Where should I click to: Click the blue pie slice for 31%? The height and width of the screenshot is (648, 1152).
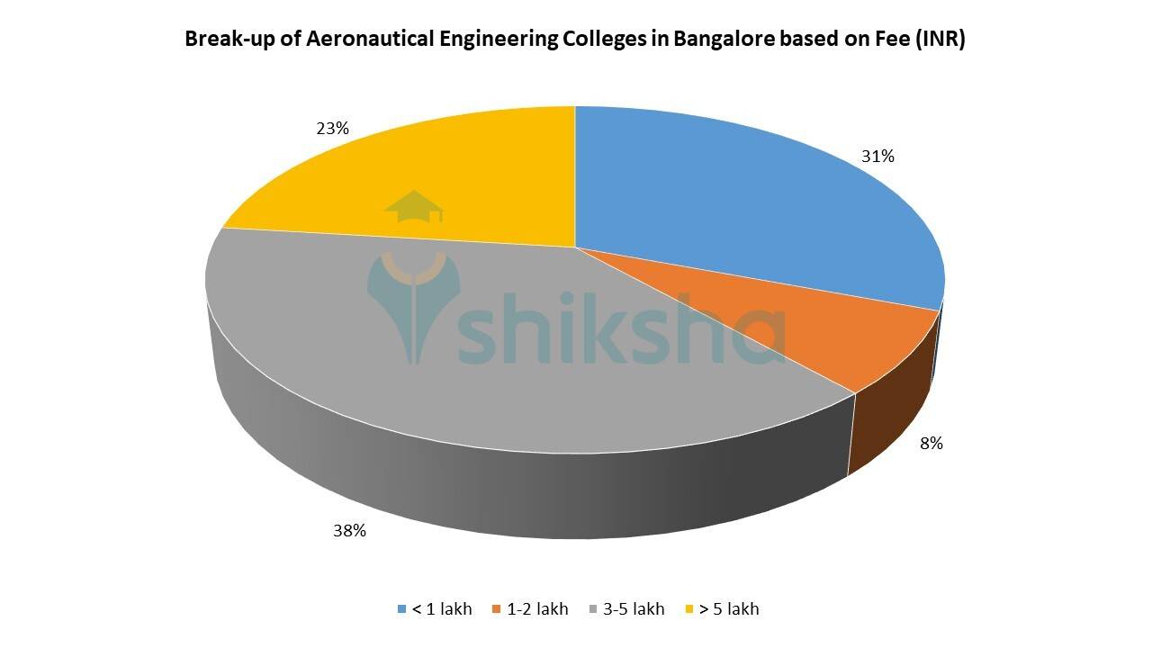(738, 207)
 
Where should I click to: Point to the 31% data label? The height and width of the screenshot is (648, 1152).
(877, 157)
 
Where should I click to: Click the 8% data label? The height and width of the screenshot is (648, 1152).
(931, 443)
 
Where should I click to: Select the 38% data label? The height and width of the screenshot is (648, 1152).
(349, 531)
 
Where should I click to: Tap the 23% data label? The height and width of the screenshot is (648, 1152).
(332, 129)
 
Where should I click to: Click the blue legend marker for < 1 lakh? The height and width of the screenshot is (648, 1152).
(401, 609)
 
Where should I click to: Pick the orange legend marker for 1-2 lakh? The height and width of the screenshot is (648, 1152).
(496, 609)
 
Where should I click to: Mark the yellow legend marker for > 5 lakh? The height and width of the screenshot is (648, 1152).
(689, 609)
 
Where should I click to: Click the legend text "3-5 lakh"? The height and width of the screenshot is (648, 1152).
(634, 609)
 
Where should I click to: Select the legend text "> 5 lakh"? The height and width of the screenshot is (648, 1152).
(730, 609)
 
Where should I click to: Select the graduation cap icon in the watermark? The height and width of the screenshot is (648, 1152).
(414, 207)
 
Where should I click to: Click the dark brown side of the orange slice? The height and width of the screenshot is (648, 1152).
(891, 423)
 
